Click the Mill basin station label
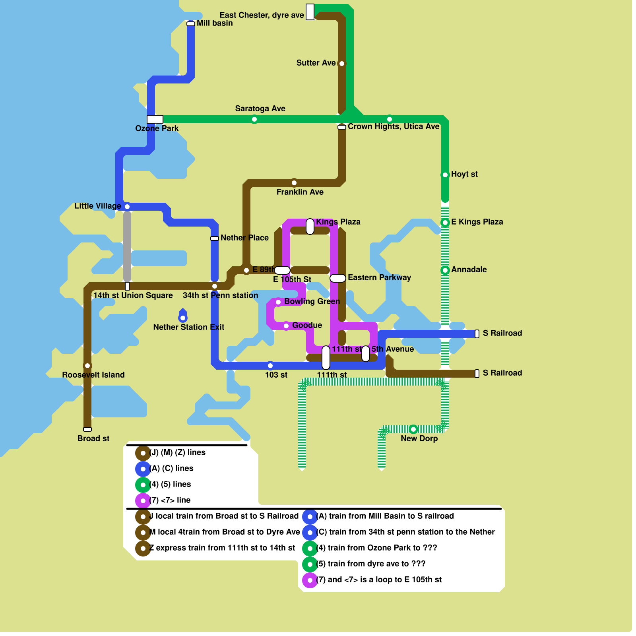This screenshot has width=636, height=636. click(215, 23)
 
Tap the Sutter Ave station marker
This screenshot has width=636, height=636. click(342, 64)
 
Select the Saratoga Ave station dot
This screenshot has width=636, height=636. click(254, 119)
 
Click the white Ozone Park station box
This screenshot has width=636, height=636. click(155, 119)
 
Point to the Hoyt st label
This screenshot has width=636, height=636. click(464, 174)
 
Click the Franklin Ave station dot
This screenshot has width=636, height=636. click(294, 183)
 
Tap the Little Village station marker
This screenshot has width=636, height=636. click(127, 207)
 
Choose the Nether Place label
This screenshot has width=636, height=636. click(244, 238)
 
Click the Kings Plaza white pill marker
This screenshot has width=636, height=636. click(310, 227)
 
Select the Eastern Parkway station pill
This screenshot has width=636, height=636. click(338, 278)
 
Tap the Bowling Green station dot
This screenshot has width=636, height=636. click(278, 302)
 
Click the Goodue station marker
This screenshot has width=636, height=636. click(286, 326)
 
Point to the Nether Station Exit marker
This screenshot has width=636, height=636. click(183, 318)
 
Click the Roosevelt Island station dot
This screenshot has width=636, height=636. click(87, 366)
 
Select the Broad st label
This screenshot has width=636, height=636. click(93, 438)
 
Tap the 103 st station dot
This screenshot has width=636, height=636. click(270, 366)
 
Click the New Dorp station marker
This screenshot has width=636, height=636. click(413, 429)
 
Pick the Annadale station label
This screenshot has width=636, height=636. click(469, 270)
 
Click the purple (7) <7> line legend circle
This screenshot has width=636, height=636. click(143, 501)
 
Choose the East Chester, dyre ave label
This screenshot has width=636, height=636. click(262, 15)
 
